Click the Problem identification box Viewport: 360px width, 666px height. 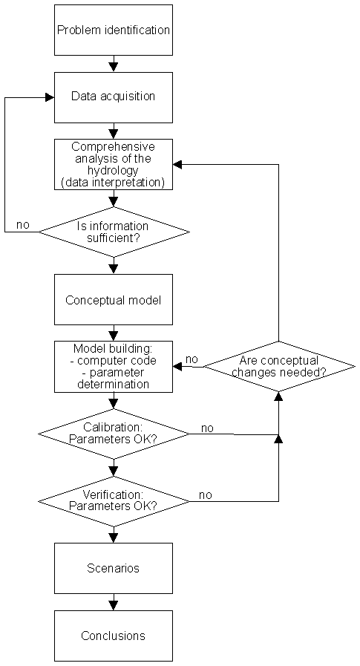click(114, 30)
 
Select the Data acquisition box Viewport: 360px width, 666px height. click(114, 97)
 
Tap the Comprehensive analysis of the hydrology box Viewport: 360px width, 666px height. click(114, 164)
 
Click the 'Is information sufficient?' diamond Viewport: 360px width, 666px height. click(114, 232)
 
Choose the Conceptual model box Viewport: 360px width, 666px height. click(114, 299)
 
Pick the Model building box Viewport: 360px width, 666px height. click(114, 367)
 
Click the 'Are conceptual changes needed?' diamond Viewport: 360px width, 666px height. click(279, 366)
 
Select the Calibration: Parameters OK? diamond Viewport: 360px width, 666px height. click(114, 434)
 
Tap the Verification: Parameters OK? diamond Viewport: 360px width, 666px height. click(114, 501)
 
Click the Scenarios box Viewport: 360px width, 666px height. click(114, 568)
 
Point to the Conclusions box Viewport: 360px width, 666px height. click(114, 636)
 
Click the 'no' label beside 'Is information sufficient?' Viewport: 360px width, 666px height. click(23, 225)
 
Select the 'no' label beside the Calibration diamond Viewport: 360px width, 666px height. click(207, 428)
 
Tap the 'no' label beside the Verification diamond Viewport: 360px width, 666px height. click(206, 495)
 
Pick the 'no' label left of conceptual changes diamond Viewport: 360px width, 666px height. click(192, 359)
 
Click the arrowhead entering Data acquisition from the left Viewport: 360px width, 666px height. click(50, 97)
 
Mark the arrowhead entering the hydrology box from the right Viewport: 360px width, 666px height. click(177, 164)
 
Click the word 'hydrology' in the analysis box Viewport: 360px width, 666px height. click(114, 170)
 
